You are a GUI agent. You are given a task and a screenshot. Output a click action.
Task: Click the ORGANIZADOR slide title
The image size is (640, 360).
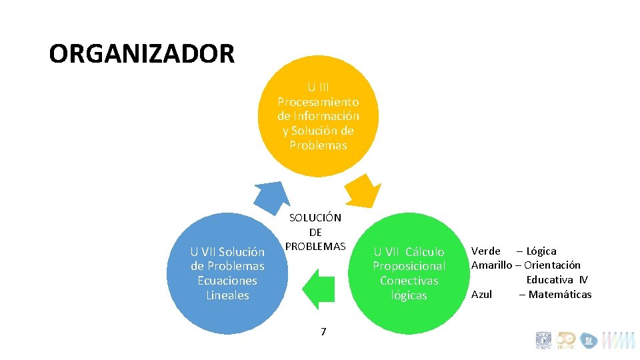pos(141,53)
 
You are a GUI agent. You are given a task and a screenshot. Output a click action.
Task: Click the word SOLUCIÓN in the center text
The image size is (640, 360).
pos(315,217)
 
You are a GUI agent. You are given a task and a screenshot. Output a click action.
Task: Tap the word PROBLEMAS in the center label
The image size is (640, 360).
pos(315,246)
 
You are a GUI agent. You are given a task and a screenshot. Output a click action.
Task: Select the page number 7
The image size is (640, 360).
pos(323,331)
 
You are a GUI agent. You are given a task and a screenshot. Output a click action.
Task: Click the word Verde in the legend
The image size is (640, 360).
pos(486,251)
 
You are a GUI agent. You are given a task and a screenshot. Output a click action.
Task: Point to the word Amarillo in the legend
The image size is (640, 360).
pos(491,265)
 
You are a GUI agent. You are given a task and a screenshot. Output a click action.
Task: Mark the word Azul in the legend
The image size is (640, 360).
pos(482,294)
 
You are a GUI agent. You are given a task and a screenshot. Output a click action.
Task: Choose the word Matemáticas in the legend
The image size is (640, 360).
pos(559,294)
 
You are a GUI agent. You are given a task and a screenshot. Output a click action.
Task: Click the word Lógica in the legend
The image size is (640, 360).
pos(541,251)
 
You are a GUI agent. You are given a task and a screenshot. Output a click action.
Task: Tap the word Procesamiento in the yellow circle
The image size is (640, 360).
pos(318,102)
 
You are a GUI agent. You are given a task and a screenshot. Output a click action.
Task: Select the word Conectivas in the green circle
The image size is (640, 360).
pos(409,281)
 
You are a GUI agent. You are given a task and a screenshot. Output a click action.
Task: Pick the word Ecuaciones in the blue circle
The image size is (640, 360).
pos(227,281)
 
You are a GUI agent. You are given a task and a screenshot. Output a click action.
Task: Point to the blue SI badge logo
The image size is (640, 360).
pos(589,341)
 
